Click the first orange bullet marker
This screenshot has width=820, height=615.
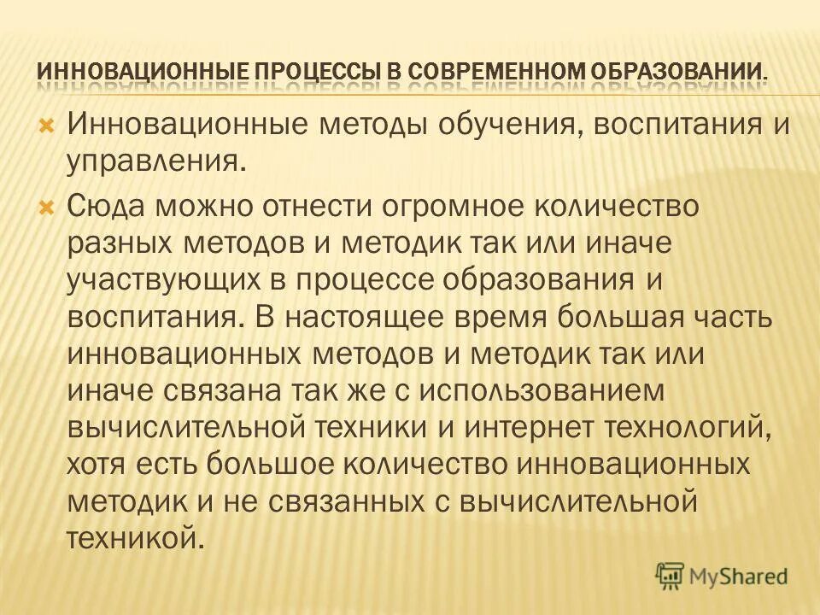click(x=48, y=126)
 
